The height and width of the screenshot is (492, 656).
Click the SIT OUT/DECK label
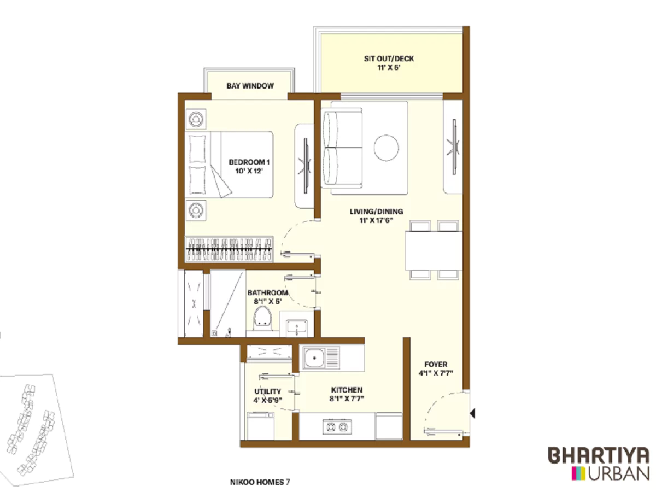[389, 58]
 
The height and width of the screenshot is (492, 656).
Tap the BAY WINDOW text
[250, 86]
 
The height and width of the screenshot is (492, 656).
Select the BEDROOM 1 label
[249, 162]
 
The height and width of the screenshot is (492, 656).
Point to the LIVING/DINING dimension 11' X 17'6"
[377, 221]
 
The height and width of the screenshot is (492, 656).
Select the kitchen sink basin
[315, 359]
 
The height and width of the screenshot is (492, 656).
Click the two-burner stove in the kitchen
[335, 426]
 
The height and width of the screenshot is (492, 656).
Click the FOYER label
[436, 365]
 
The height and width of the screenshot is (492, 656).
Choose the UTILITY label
[267, 391]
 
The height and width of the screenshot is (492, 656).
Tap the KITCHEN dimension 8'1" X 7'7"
[347, 399]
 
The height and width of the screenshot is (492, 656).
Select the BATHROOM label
[267, 293]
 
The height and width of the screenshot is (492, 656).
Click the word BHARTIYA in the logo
[599, 455]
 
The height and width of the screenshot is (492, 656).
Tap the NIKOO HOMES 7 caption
[260, 482]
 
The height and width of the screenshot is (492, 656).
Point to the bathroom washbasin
[296, 327]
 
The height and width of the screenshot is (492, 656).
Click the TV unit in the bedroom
[304, 166]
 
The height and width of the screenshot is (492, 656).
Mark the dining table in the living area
[433, 250]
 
